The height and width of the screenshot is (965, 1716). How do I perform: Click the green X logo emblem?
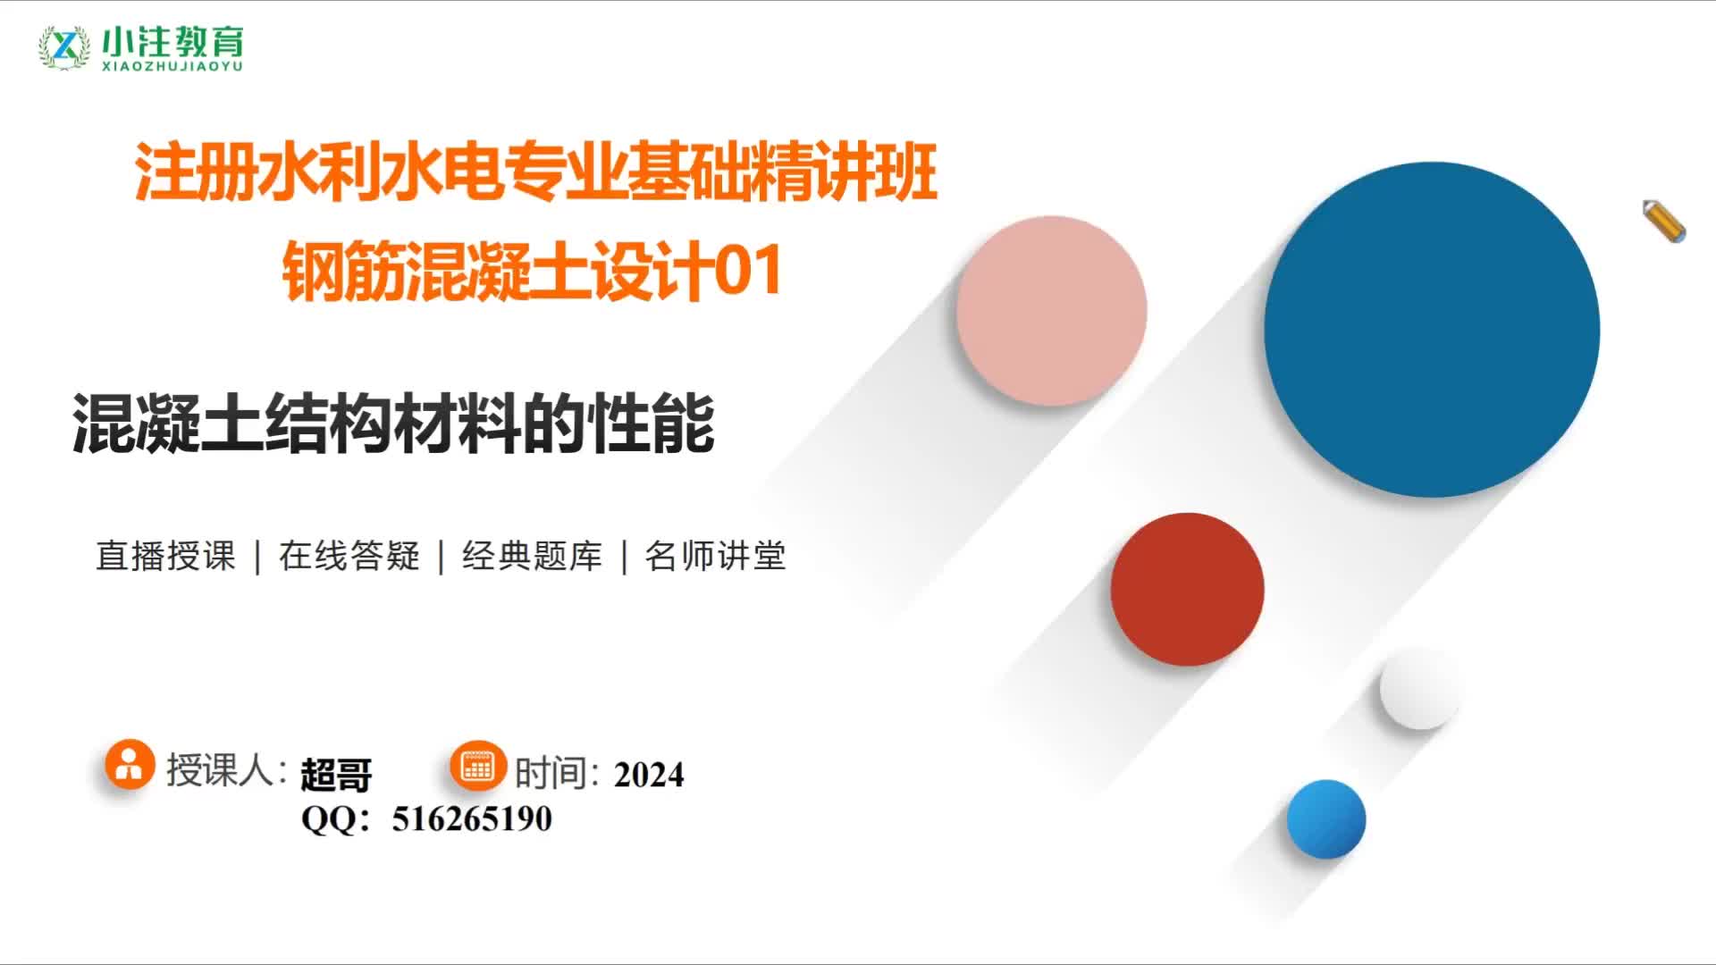pos(64,46)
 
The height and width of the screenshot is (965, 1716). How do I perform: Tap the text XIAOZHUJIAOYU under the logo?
pos(172,66)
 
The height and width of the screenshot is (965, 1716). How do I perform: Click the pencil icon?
pos(1664,221)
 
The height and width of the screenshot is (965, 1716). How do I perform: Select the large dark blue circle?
pos(1432,329)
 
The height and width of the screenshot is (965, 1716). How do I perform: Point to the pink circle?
pos(1051,310)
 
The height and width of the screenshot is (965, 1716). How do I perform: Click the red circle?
pos(1187,589)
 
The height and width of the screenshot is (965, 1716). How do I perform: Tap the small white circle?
pos(1419,688)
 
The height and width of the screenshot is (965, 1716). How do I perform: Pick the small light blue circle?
pos(1326,819)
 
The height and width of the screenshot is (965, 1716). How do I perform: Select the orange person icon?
pos(130,764)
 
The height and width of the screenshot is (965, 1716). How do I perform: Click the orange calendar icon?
pos(477,766)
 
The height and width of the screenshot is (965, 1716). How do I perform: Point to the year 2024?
pos(649,775)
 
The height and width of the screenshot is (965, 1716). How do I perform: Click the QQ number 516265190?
pos(472,818)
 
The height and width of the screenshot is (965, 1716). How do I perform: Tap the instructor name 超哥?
pos(336,775)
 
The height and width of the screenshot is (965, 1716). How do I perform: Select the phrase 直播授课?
pos(165,556)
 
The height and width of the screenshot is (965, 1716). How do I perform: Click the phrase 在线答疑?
pos(349,556)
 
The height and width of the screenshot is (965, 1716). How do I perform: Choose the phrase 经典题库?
pos(533,556)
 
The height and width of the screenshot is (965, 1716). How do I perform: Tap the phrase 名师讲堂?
pos(715,556)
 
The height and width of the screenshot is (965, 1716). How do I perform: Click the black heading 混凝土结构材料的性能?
pos(393,424)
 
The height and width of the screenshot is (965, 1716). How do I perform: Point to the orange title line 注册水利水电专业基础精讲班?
pos(536,171)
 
